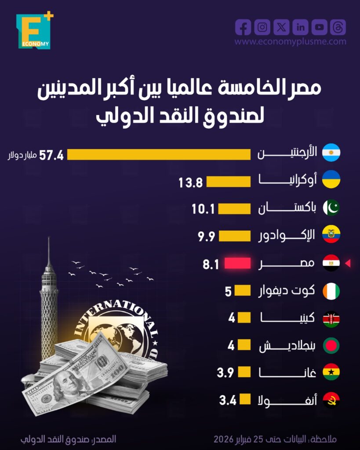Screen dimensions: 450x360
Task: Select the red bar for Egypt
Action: point(238,264)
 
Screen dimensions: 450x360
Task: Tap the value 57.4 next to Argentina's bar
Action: point(51,155)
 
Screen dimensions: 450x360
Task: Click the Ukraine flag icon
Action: point(331,180)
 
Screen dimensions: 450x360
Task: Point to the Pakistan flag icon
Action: point(331,207)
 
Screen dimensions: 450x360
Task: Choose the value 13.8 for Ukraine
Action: point(190,182)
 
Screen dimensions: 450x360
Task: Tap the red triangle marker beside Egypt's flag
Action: point(347,264)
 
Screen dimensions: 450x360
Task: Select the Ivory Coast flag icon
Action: point(331,291)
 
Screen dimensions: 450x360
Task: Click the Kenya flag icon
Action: point(331,319)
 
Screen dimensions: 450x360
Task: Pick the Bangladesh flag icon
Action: point(331,346)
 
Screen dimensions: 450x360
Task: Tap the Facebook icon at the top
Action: point(243,27)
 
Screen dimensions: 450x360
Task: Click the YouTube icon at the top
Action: point(320,27)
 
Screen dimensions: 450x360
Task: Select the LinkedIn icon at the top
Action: point(301,27)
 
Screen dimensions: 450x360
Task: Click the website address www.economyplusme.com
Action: point(290,42)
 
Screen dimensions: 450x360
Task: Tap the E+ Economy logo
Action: point(34,31)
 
